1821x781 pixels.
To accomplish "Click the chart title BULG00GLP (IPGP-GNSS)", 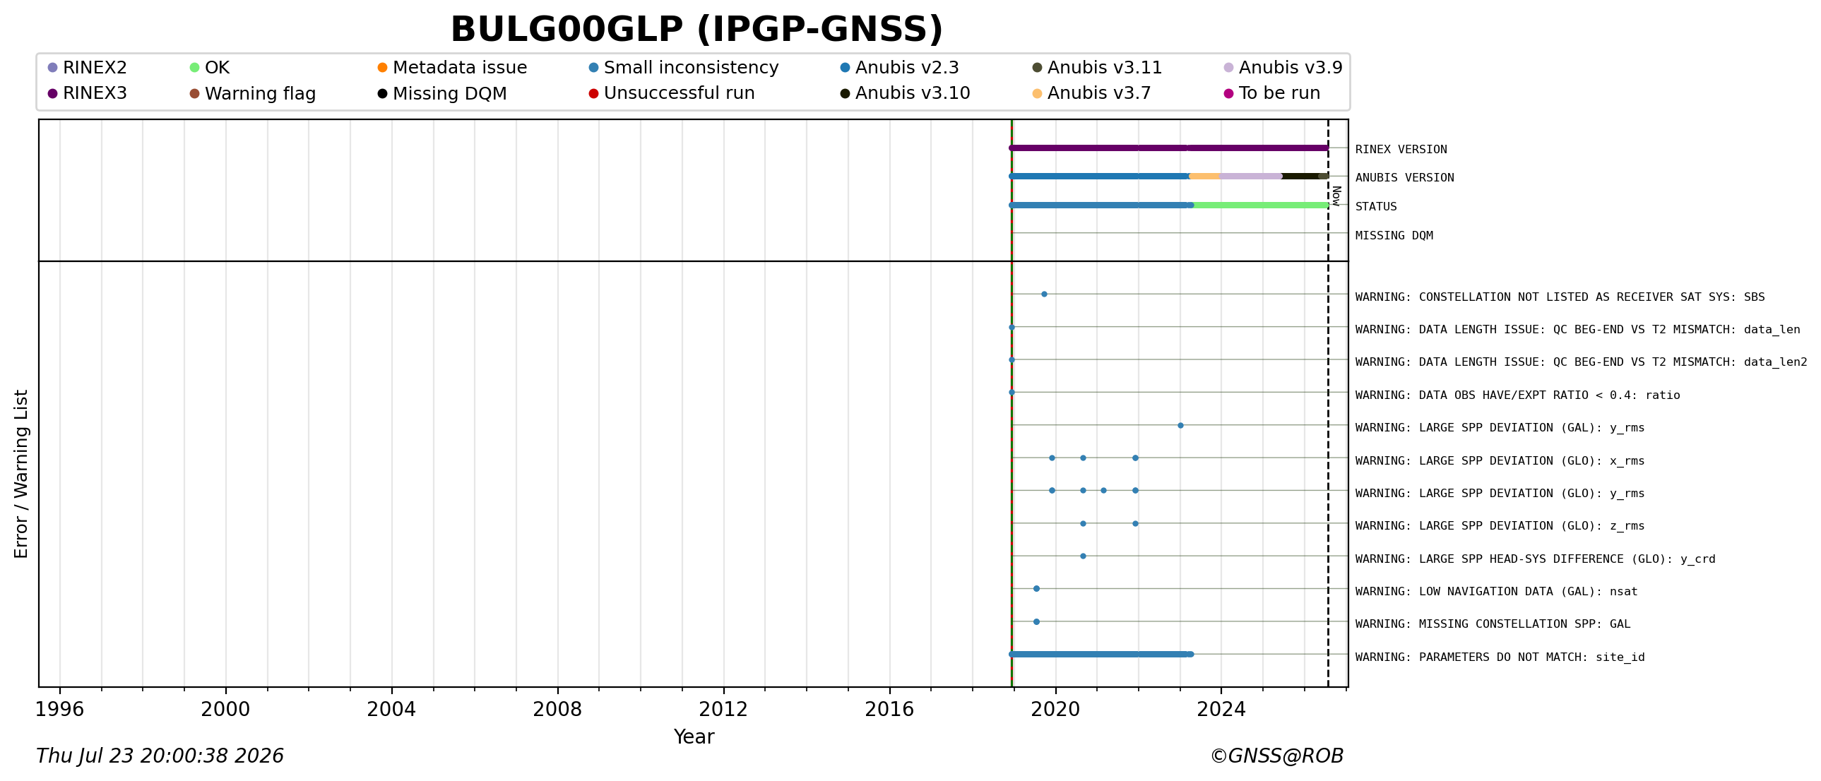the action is (697, 30).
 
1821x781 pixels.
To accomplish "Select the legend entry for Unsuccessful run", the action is (672, 93).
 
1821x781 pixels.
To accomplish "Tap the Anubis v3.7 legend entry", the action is (1091, 93).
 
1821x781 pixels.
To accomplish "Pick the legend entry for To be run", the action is (1271, 93).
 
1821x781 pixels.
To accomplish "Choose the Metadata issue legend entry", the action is (452, 68).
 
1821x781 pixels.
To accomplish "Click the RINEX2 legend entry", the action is (87, 68).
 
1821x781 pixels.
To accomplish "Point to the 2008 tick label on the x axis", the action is (557, 709).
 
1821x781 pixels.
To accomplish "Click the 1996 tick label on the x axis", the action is (59, 709).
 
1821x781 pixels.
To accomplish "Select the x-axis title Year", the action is (694, 737).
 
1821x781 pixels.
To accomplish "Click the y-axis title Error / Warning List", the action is (21, 474).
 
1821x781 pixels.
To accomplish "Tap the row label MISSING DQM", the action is (1394, 235).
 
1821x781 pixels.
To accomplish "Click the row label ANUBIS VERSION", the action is (1405, 177).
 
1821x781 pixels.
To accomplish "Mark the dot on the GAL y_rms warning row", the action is (1180, 426).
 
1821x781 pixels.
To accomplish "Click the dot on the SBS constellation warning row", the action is (1044, 294).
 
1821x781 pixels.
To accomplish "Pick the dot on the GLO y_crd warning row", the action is (1083, 556).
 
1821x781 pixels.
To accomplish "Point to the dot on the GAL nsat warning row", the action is (1036, 589).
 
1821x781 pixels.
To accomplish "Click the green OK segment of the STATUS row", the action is (1260, 205).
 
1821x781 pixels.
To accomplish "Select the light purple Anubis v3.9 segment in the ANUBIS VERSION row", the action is (1250, 176).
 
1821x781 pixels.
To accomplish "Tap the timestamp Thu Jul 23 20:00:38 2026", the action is (160, 756).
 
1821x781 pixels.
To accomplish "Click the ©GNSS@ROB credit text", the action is (1276, 756).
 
